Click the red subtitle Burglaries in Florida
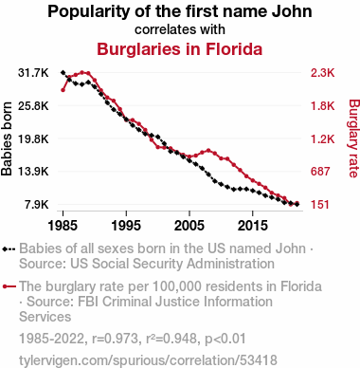click(x=180, y=49)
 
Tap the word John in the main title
click(x=293, y=11)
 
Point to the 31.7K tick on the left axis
click(x=33, y=73)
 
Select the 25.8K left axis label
click(x=33, y=105)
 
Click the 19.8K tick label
click(x=33, y=138)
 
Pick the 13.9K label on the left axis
click(x=33, y=172)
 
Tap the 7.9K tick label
click(x=37, y=204)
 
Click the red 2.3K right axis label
click(x=322, y=73)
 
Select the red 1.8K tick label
click(x=322, y=105)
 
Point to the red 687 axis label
click(x=320, y=172)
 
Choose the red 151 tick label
click(x=320, y=204)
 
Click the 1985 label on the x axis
click(x=63, y=226)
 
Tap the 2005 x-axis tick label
click(x=189, y=226)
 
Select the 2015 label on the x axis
click(x=253, y=226)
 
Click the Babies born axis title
click(x=7, y=138)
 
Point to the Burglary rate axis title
click(x=354, y=138)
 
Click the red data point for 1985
click(x=63, y=90)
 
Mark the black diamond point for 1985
click(x=63, y=73)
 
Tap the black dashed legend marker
click(x=9, y=248)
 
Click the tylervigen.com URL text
click(x=148, y=360)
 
